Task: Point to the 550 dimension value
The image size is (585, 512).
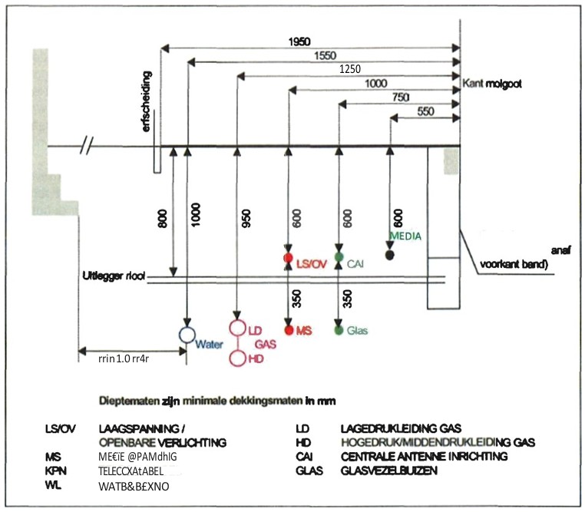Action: click(x=424, y=111)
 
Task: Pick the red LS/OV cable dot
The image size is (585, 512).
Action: click(x=288, y=258)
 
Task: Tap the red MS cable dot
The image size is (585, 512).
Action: click(x=289, y=330)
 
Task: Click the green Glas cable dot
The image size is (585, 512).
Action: click(x=339, y=330)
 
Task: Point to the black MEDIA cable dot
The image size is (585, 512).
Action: click(x=390, y=255)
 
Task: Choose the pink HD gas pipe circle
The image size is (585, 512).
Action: click(x=237, y=358)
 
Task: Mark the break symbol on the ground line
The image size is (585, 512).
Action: click(x=91, y=146)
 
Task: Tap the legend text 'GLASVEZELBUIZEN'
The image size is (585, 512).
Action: click(x=389, y=471)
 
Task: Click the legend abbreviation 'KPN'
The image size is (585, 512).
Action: click(x=54, y=471)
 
